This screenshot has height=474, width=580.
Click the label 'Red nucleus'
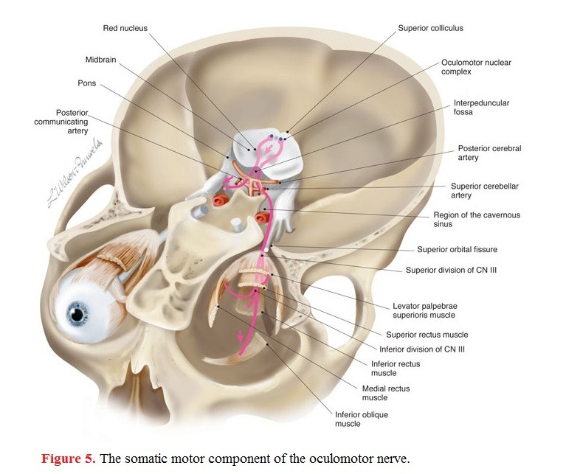(x=125, y=28)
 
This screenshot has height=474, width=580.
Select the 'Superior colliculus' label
(x=430, y=28)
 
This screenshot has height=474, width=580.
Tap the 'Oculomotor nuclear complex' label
(x=476, y=67)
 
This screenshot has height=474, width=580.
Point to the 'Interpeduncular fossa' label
(x=481, y=107)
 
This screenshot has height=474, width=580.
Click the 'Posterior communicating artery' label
(x=61, y=122)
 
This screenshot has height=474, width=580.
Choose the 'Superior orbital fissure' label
(x=458, y=249)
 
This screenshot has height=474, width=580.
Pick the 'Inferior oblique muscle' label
(x=362, y=419)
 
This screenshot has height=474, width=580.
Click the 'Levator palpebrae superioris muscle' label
(x=424, y=310)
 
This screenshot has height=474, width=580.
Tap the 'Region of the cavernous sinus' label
(x=477, y=219)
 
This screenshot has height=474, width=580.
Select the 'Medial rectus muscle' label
(x=386, y=393)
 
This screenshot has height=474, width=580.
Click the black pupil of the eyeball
(x=77, y=315)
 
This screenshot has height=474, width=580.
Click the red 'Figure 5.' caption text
(x=69, y=459)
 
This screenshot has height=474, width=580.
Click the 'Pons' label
(x=86, y=83)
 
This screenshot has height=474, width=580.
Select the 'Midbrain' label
(x=100, y=60)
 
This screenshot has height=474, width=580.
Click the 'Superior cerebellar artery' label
(x=485, y=190)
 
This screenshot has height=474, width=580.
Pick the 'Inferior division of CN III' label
(x=422, y=349)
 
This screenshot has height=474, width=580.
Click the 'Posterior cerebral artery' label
(x=489, y=153)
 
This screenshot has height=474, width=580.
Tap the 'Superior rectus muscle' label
(x=427, y=335)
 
